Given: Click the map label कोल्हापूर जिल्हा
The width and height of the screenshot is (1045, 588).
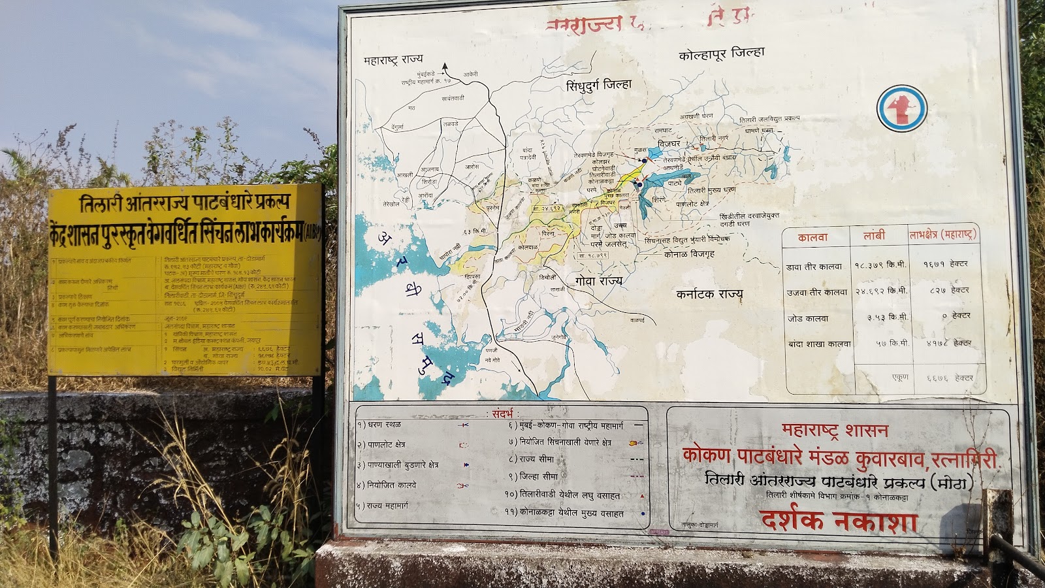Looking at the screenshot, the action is click(x=721, y=53).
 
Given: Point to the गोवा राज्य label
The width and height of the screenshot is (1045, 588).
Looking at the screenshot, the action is click(x=598, y=280).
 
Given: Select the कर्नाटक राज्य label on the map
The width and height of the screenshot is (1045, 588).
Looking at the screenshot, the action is click(x=709, y=294).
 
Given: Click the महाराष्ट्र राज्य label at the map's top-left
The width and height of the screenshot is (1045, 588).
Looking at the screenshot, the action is click(x=393, y=59).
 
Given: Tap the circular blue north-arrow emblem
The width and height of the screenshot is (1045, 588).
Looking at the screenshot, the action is click(x=901, y=108).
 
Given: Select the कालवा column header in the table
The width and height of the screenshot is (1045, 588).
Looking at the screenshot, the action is click(x=812, y=238).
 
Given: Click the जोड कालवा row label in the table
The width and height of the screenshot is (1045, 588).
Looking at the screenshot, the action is click(x=807, y=319).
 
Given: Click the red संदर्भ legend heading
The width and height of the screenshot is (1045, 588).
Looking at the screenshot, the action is click(x=503, y=414).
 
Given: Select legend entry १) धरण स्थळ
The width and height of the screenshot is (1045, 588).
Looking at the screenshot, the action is click(x=379, y=425).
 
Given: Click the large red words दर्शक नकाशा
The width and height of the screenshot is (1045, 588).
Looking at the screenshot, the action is click(x=839, y=521).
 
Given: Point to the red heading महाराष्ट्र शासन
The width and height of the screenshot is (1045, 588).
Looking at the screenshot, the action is click(x=835, y=431).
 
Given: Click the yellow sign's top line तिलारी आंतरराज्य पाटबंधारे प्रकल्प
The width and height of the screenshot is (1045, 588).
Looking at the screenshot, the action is click(x=184, y=203).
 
